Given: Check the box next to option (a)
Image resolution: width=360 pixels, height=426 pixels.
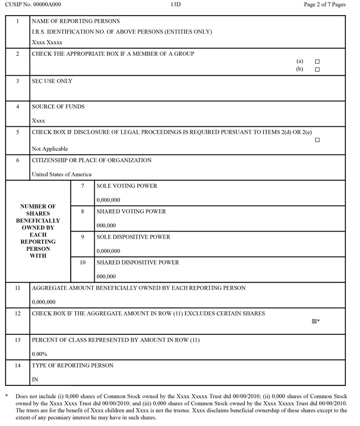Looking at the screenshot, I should [317, 62].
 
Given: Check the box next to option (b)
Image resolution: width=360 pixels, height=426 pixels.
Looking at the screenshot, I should [317, 70].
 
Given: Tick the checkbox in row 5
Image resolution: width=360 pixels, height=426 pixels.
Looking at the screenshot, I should [317, 140].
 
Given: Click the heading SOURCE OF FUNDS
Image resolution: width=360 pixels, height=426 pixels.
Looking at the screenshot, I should [58, 107].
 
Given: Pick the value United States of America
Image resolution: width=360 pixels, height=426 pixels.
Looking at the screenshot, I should [62, 174].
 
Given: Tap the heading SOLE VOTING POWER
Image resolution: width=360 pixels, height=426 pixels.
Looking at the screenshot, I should [127, 186].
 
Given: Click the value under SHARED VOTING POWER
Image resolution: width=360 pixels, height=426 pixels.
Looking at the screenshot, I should [106, 226].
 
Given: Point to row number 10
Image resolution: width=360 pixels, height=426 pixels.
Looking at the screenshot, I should [83, 263].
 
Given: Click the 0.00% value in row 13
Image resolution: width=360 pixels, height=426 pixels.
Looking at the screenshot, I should [40, 354].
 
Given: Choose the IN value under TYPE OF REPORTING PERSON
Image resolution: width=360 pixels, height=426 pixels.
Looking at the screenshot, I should [35, 379].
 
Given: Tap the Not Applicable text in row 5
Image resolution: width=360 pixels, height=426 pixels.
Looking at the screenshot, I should [50, 149].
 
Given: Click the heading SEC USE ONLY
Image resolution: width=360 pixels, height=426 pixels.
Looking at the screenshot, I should [52, 81].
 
